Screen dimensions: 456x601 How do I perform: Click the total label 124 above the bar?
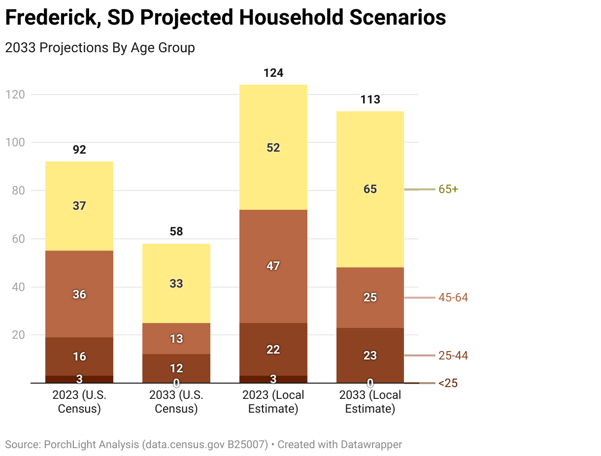click(x=273, y=73)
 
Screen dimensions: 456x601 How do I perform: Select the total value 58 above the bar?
click(x=176, y=231)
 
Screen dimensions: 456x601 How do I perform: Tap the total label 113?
click(x=370, y=100)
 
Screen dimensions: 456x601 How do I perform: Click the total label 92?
click(x=79, y=150)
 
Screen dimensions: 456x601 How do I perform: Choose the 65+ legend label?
click(x=448, y=189)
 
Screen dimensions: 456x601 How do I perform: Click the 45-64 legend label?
click(x=453, y=297)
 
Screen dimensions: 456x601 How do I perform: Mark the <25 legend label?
click(x=448, y=383)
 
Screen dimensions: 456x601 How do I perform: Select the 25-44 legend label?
click(x=453, y=356)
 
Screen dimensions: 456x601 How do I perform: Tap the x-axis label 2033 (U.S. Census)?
click(x=176, y=402)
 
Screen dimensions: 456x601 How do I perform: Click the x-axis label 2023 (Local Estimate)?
click(x=273, y=402)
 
